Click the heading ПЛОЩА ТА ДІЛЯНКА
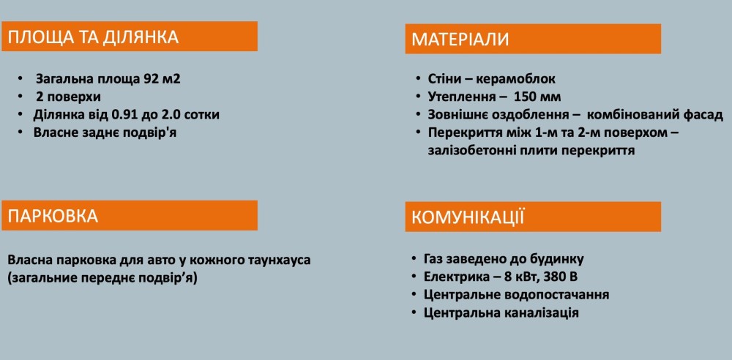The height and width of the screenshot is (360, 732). click(94, 37)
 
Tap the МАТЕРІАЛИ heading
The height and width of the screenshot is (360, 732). click(460, 40)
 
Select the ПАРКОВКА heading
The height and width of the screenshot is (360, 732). click(53, 216)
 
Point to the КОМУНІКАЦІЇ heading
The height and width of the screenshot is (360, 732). click(468, 217)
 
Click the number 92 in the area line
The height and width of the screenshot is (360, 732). click(149, 78)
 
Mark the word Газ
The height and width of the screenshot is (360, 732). click(433, 259)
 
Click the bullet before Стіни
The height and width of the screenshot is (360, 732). click(418, 79)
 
